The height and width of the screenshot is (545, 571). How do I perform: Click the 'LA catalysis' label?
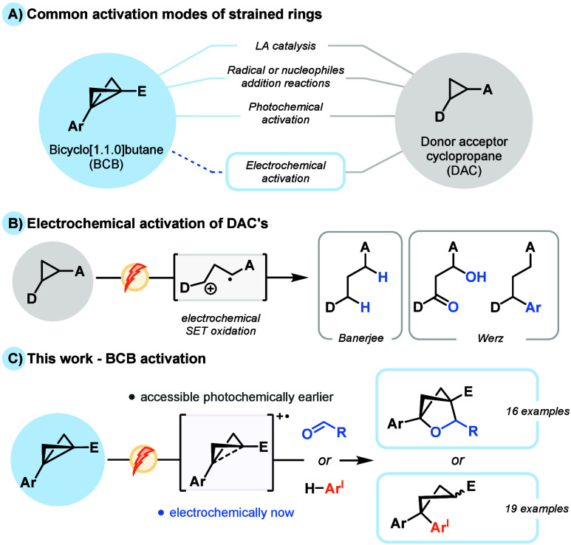[x=285, y=47]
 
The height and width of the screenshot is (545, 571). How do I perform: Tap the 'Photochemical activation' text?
[x=285, y=113]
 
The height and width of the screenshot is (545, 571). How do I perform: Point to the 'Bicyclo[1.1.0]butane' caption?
[x=106, y=150]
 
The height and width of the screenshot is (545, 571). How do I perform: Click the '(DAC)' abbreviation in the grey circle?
[x=464, y=171]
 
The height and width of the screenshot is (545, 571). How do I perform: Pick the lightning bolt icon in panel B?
[x=135, y=277]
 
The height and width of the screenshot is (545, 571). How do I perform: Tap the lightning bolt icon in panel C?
[x=143, y=459]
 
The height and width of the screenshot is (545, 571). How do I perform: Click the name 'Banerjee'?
[x=361, y=338]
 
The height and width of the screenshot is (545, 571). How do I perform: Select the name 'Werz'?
[x=490, y=338]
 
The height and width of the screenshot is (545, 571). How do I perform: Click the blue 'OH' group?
[x=476, y=277]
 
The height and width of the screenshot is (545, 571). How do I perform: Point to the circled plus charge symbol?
[x=211, y=289]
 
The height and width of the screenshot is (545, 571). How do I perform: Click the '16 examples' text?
[x=538, y=411]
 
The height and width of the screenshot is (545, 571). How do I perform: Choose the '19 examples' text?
[x=537, y=509]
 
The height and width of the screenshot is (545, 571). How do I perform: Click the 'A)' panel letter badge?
[x=13, y=15]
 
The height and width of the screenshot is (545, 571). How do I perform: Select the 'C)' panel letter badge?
[x=14, y=359]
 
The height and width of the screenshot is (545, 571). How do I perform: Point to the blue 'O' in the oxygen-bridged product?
[x=436, y=432]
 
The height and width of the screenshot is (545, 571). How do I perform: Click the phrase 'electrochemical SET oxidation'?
[x=221, y=325]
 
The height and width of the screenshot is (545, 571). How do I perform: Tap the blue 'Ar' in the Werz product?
[x=533, y=308]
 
